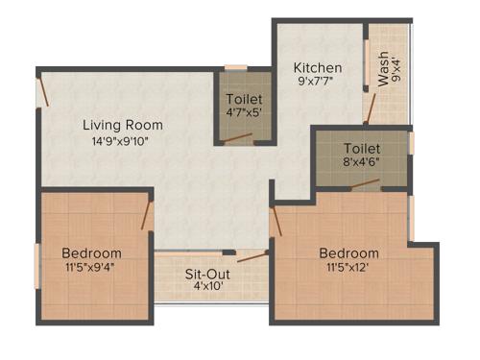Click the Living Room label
pyautogui.click(x=122, y=125)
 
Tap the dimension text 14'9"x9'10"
pyautogui.click(x=122, y=141)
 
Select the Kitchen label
pyautogui.click(x=317, y=68)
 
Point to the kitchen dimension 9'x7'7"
pyautogui.click(x=317, y=84)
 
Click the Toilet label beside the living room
pyautogui.click(x=243, y=99)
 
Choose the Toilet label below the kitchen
pyautogui.click(x=362, y=149)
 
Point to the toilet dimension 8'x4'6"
pyautogui.click(x=362, y=164)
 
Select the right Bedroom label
pyautogui.click(x=348, y=253)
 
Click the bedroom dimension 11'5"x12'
pyautogui.click(x=348, y=269)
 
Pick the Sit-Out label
pyautogui.click(x=206, y=274)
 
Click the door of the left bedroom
pyautogui.click(x=147, y=215)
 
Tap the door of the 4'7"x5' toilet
pyautogui.click(x=237, y=137)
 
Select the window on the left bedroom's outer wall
pyautogui.click(x=37, y=265)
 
